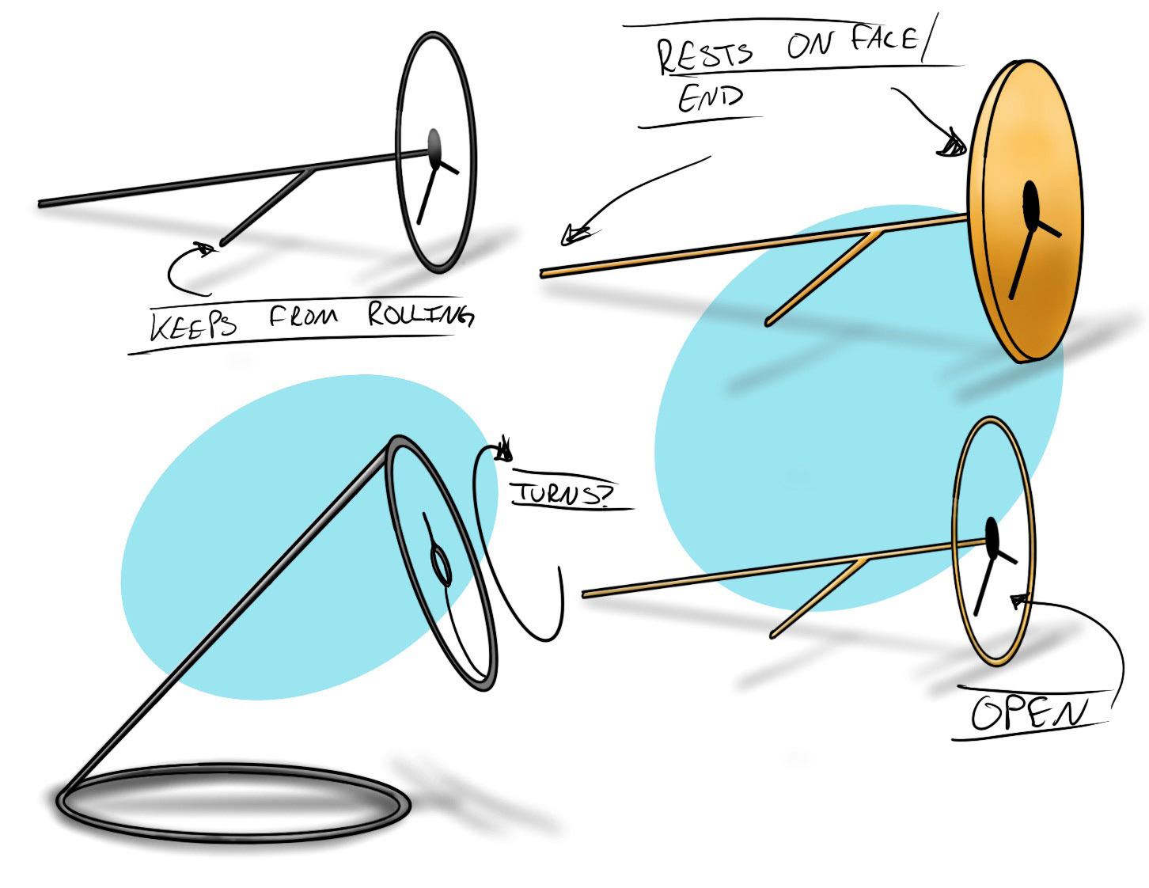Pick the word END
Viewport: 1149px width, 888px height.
710,98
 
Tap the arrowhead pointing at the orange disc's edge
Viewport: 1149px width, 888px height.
953,146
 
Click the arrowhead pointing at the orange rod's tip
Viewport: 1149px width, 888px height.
573,234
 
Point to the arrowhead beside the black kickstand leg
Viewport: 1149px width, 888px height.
207,249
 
